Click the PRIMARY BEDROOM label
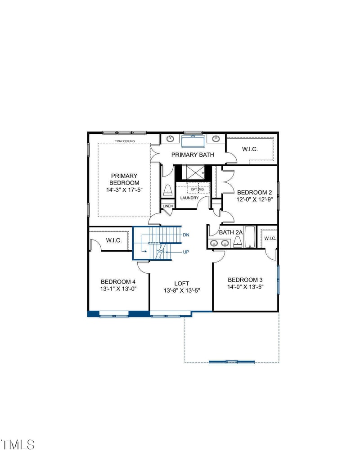124,179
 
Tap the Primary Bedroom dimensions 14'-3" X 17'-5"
124,190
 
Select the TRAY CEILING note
125,141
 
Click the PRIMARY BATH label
192,155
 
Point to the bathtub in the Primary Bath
193,142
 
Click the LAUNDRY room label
189,198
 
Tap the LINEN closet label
167,206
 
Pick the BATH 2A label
231,232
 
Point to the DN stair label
186,235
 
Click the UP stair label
186,252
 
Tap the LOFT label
182,283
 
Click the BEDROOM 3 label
245,279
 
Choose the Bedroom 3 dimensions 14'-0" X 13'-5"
245,287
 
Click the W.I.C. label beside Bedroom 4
114,240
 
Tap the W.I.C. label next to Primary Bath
250,149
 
